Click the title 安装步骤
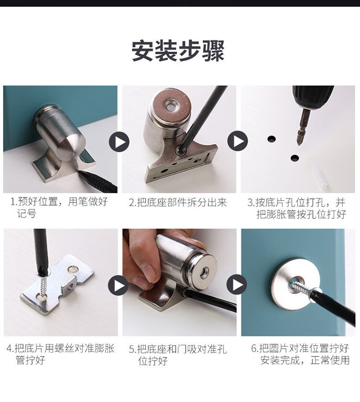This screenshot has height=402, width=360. (x=178, y=50)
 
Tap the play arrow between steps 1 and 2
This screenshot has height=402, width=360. (x=119, y=142)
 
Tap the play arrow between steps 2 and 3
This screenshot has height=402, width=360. (x=238, y=141)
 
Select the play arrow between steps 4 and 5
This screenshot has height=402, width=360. (x=118, y=285)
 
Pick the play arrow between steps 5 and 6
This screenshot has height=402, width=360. (x=237, y=284)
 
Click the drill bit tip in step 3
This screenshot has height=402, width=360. (x=299, y=144)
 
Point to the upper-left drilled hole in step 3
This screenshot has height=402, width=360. (x=271, y=139)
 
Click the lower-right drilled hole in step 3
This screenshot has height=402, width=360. (x=295, y=158)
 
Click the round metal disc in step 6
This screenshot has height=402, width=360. (x=295, y=284)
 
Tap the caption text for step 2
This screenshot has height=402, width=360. (x=178, y=203)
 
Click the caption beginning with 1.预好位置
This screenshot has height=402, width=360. (x=59, y=207)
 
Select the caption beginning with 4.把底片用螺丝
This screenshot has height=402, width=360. (x=60, y=354)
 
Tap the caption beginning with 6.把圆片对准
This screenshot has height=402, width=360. (x=300, y=354)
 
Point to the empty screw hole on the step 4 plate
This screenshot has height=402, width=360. (x=73, y=269)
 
